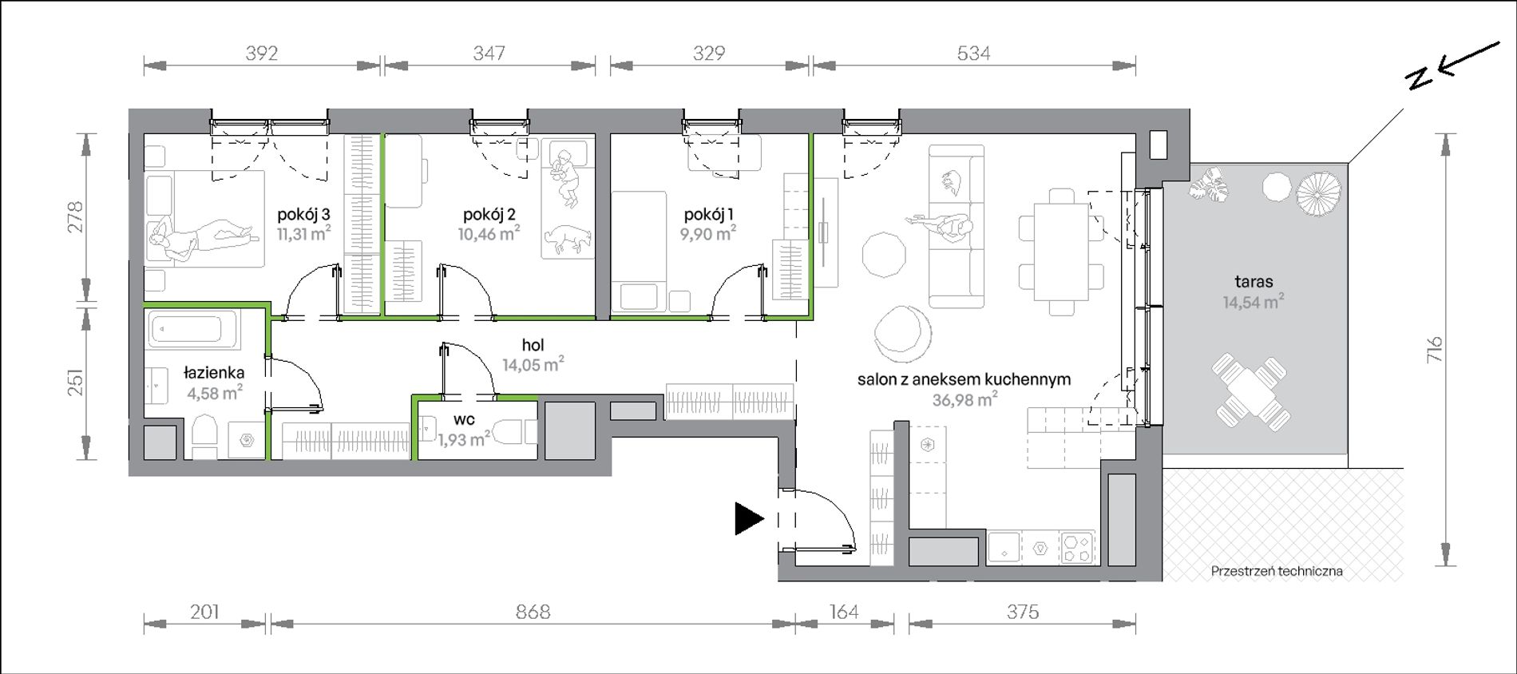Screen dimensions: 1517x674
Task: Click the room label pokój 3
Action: (303, 214)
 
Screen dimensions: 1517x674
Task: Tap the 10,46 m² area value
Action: (489, 233)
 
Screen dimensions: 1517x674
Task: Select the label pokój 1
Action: (708, 214)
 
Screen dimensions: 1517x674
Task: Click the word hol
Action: (533, 345)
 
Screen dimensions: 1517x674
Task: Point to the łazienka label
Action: (214, 373)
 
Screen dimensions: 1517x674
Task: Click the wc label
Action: (464, 420)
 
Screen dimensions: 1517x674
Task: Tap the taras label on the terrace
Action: (1254, 281)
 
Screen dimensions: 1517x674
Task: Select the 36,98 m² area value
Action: (964, 399)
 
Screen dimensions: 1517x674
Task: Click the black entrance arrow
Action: (750, 519)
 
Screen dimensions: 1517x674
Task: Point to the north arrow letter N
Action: (1419, 78)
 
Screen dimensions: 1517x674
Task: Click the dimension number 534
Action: (973, 54)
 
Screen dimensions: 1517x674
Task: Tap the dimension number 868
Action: (533, 612)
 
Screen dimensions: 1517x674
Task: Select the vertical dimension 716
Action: (1435, 350)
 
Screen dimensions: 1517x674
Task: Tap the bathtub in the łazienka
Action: (195, 330)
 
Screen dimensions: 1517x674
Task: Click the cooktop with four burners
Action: (1079, 549)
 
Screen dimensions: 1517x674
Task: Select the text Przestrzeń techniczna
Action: (1277, 571)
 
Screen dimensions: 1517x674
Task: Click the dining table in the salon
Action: (1061, 252)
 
